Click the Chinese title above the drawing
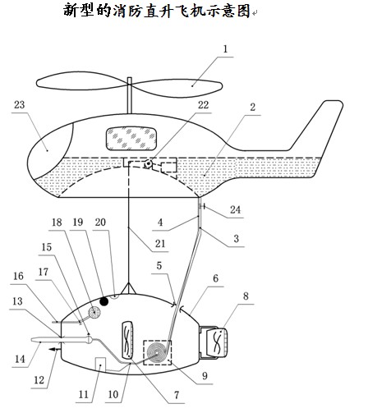point(157,11)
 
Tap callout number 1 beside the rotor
point(225,49)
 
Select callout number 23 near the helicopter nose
point(20,105)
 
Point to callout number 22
point(204,105)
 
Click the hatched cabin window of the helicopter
point(131,139)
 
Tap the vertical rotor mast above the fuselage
point(130,95)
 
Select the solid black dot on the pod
point(104,301)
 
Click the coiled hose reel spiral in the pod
point(156,352)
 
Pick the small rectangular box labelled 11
point(100,364)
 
